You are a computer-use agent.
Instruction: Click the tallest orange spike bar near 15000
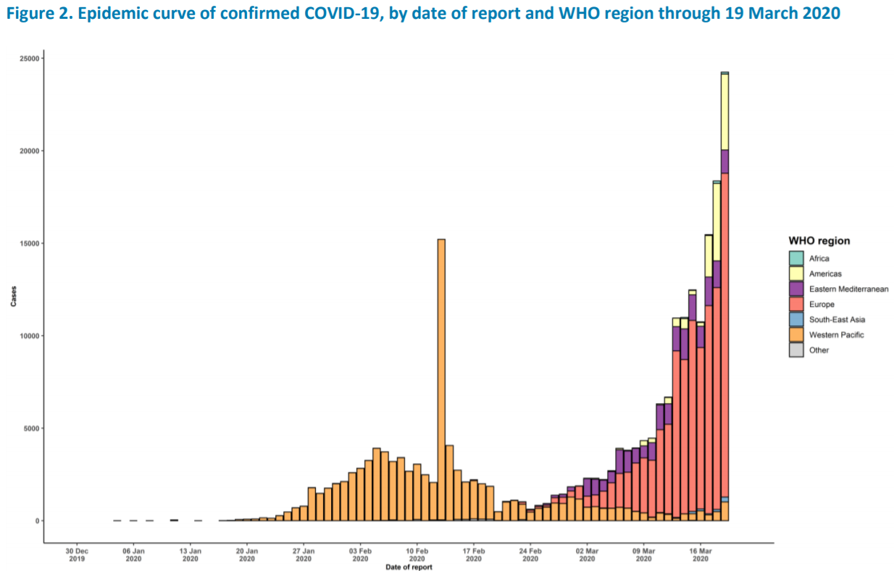[441, 376]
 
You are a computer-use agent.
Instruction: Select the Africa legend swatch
[796, 258]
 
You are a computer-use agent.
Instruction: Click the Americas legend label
[824, 274]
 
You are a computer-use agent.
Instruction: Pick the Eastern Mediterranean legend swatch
[796, 289]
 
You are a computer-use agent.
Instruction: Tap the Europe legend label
[822, 305]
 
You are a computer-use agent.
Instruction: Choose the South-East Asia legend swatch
[796, 319]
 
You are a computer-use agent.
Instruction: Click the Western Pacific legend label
[837, 335]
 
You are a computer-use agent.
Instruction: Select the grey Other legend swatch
[796, 350]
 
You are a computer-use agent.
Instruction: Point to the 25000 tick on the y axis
[29, 59]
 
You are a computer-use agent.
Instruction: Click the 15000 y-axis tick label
[29, 243]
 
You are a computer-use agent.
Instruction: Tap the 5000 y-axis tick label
[31, 428]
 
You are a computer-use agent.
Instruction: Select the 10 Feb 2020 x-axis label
[417, 554]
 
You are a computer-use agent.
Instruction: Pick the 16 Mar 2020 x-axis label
[700, 554]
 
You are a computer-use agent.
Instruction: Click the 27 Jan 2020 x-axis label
[304, 554]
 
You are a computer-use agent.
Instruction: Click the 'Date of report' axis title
[409, 567]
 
